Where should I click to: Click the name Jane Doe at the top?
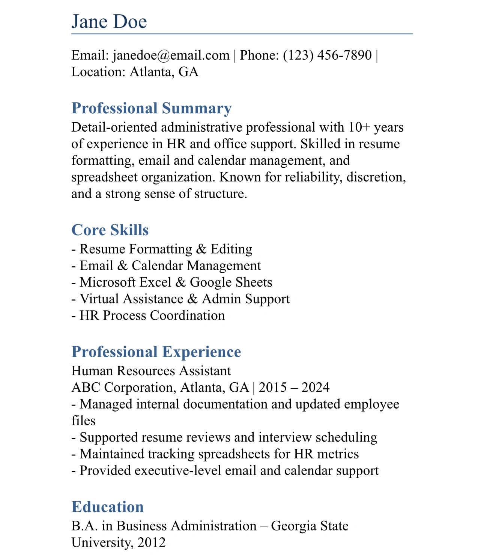(x=109, y=21)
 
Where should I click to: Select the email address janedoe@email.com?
(x=171, y=55)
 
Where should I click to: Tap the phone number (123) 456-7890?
(x=327, y=55)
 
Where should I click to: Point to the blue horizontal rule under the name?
(x=242, y=34)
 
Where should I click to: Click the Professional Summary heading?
(x=152, y=108)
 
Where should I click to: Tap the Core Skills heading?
(x=110, y=230)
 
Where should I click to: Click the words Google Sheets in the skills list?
(x=231, y=282)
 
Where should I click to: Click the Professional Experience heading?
(x=156, y=352)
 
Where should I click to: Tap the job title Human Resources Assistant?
(x=151, y=371)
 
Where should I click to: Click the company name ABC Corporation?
(x=123, y=387)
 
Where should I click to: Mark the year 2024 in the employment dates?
(x=315, y=387)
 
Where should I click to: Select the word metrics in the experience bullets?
(x=338, y=454)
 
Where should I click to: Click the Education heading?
(x=108, y=507)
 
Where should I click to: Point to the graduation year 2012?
(x=151, y=542)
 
